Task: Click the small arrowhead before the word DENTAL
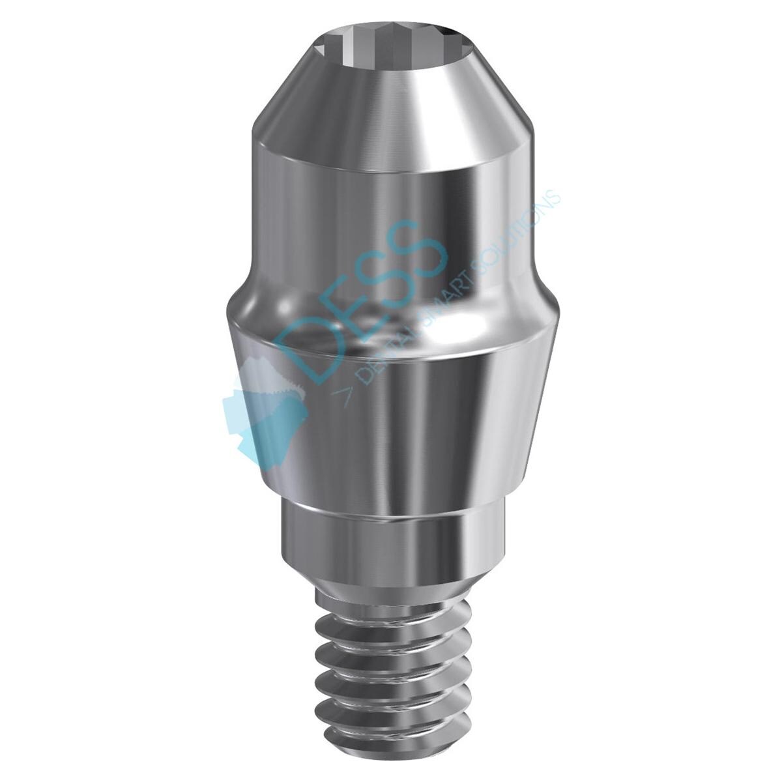pyautogui.click(x=342, y=394)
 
